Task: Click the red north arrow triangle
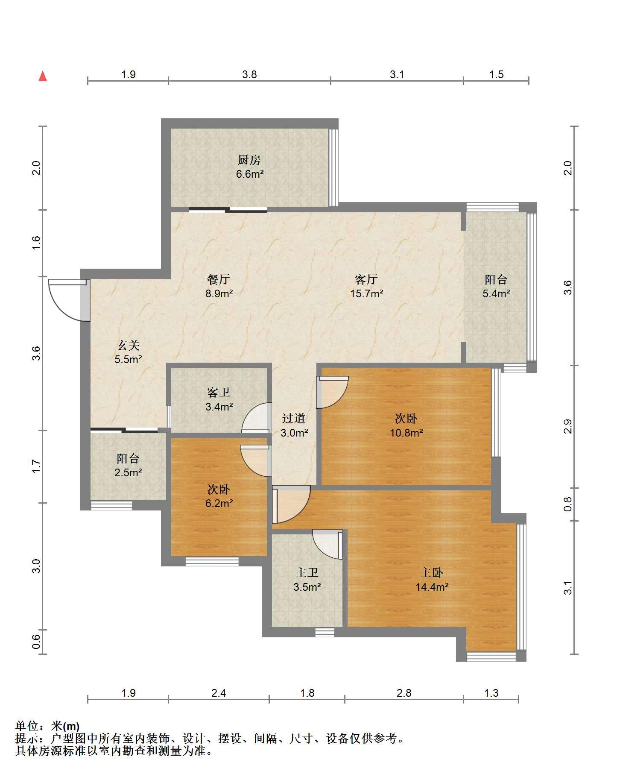point(43,76)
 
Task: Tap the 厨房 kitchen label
point(249,160)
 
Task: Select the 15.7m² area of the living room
point(366,294)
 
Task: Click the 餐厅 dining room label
point(219,279)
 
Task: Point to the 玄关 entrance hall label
point(128,345)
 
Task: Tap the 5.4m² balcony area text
point(496,294)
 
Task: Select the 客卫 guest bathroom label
point(219,392)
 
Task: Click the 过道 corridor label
point(294,419)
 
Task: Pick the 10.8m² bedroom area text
point(406,433)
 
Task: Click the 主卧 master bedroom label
point(432,573)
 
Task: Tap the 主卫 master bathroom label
point(307,573)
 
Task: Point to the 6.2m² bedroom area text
point(219,503)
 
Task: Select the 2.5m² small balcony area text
point(128,473)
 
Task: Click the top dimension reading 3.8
point(249,75)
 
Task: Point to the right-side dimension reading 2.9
point(567,426)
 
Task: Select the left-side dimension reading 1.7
point(36,466)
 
